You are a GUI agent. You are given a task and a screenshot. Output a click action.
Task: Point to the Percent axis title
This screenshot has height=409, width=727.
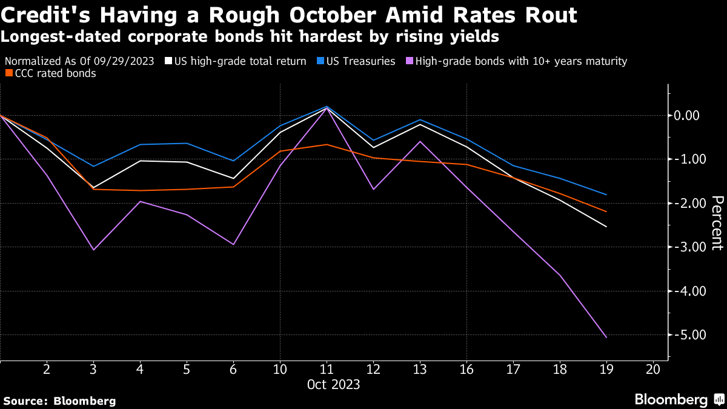(x=717, y=222)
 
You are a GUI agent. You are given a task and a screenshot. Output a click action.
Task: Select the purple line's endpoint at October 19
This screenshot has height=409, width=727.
(x=606, y=338)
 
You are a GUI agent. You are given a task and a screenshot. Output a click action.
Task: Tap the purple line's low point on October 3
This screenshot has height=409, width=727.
(x=93, y=250)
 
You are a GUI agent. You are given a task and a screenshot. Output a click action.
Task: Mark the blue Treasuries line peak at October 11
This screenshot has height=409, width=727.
(x=327, y=107)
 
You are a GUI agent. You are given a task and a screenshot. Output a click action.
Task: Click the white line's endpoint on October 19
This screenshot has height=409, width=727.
(x=606, y=227)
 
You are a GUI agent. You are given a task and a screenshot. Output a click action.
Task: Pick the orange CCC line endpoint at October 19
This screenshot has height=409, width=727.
(x=606, y=211)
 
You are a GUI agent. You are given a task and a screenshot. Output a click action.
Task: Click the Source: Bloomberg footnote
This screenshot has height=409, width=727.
(x=59, y=401)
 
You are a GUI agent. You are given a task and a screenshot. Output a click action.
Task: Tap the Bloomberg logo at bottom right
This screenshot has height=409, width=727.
(x=679, y=399)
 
